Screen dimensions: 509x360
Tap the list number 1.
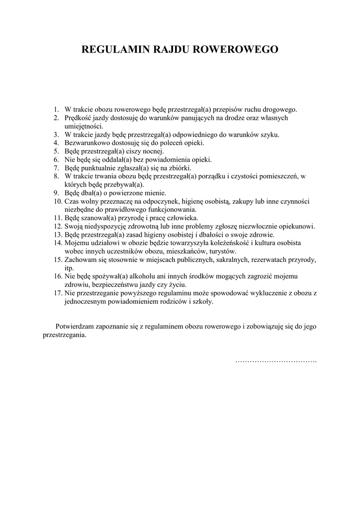(56, 109)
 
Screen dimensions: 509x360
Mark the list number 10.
(57, 201)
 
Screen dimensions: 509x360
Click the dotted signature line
(275, 360)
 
